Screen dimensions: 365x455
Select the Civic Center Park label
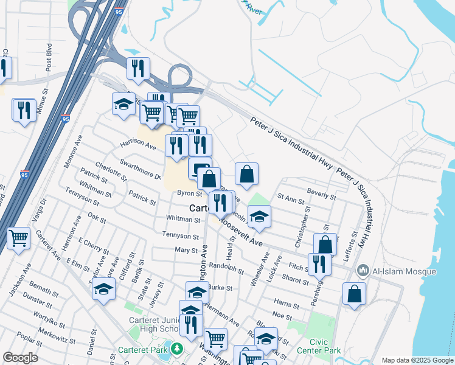pyautogui.click(x=319, y=347)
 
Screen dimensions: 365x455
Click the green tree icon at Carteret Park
pyautogui.click(x=176, y=349)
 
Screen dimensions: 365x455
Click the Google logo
pyautogui.click(x=20, y=358)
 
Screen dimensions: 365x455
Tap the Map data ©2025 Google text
pyautogui.click(x=417, y=360)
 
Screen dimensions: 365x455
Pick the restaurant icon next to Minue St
pyautogui.click(x=24, y=110)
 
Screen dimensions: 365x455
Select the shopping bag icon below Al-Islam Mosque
pyautogui.click(x=354, y=294)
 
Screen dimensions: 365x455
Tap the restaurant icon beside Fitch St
pyautogui.click(x=318, y=263)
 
